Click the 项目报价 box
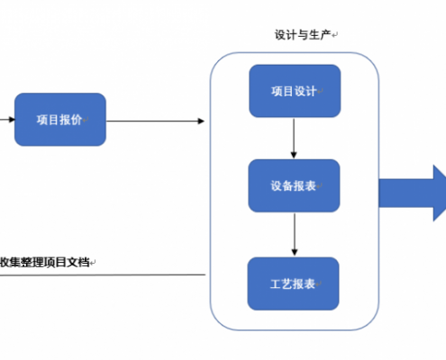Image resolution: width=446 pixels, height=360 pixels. [x=60, y=120]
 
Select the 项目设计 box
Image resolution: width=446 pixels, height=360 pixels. [x=295, y=91]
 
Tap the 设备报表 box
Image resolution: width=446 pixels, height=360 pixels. [x=294, y=185]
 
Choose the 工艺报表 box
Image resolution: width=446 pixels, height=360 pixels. [x=294, y=283]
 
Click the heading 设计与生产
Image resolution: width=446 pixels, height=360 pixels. [x=303, y=35]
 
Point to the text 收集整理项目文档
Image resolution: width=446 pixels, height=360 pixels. [x=44, y=262]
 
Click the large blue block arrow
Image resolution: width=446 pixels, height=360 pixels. [x=413, y=193]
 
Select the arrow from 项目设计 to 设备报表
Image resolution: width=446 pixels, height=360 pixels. [x=294, y=139]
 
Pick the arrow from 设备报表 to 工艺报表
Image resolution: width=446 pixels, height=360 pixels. [x=295, y=235]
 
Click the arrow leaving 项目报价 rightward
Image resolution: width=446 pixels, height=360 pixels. [x=156, y=121]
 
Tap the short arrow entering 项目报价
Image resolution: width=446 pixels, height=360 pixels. [x=7, y=120]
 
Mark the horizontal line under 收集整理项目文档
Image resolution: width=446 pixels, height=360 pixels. [x=103, y=274]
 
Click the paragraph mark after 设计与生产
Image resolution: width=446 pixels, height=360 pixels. [x=335, y=35]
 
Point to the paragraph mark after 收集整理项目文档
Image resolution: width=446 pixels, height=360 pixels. [x=93, y=263]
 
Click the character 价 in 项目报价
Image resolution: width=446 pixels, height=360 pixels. [x=77, y=120]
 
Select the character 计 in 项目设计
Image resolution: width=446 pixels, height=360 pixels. [x=311, y=91]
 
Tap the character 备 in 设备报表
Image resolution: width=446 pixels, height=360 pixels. [x=287, y=186]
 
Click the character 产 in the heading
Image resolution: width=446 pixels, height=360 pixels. [x=325, y=35]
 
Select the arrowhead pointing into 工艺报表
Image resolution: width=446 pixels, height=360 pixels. [x=295, y=252]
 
